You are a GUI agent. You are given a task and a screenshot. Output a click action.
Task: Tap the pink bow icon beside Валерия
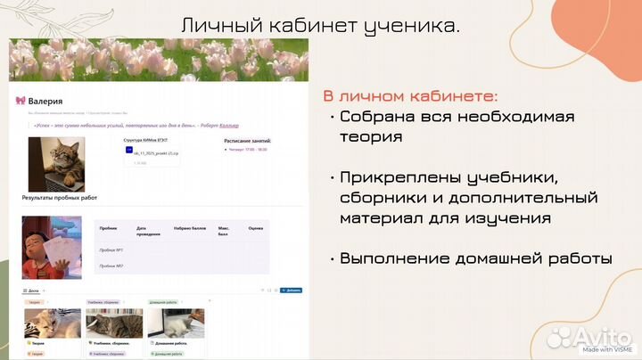pos(21,102)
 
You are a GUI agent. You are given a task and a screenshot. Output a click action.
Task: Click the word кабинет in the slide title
pos(293,25)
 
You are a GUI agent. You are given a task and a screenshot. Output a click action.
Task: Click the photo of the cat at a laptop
pos(57,163)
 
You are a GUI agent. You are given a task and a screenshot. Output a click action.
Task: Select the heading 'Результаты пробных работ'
pos(60,197)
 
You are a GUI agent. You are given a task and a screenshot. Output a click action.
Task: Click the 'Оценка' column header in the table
pos(256,229)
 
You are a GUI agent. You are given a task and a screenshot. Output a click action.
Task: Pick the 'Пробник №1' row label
pos(111,250)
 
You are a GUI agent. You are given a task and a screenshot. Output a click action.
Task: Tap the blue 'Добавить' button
pos(292,290)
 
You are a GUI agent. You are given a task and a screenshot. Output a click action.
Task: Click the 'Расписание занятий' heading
pos(247,141)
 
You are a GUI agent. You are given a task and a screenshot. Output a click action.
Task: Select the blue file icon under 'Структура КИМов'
pos(129,151)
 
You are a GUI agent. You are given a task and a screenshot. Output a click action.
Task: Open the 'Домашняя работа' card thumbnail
pos(175,323)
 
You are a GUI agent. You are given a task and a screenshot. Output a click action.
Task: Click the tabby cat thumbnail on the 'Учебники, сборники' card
pos(113,323)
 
